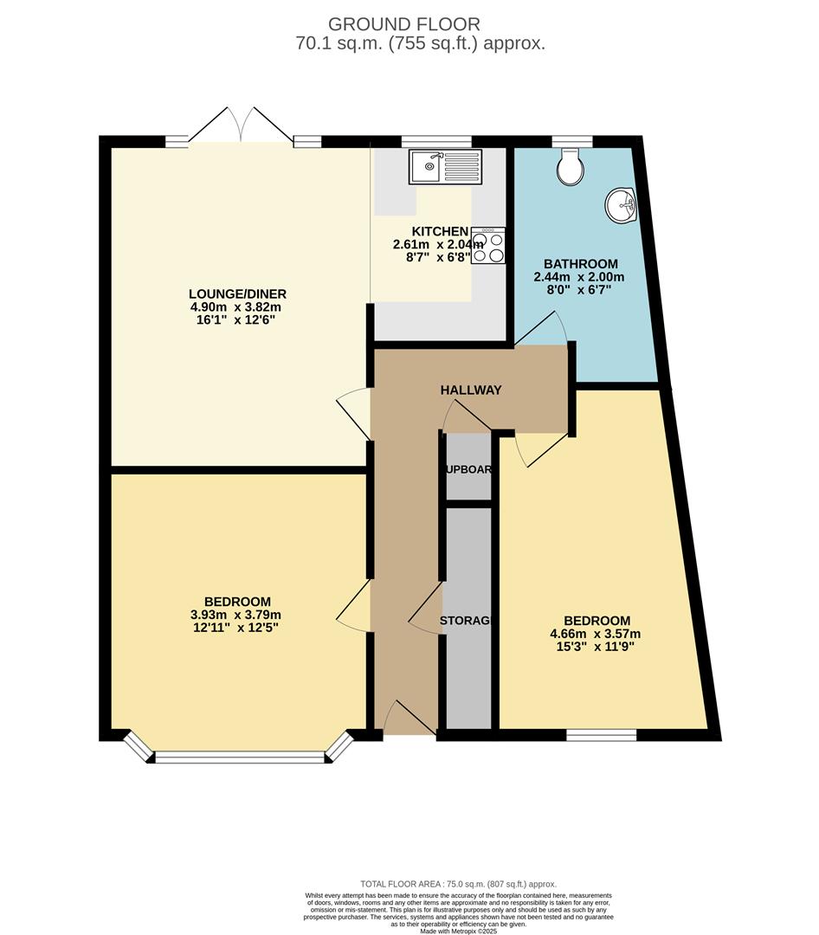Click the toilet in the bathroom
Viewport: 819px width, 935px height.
point(571,167)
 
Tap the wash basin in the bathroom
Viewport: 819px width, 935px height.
point(620,206)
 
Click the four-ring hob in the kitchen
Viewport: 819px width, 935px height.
point(489,245)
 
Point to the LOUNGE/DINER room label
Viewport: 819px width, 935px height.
point(237,293)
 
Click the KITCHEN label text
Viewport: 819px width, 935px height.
point(440,231)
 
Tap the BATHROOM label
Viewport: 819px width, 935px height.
point(580,264)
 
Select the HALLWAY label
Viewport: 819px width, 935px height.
point(471,390)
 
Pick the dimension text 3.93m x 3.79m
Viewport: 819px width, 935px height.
point(237,615)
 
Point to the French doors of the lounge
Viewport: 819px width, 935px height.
point(242,126)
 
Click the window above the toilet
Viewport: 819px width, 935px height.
point(572,140)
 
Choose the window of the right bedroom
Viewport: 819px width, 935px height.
point(602,735)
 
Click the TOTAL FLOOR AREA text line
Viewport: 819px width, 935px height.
point(459,884)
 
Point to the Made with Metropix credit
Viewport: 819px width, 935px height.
point(459,931)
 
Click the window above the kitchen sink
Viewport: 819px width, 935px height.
point(436,140)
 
